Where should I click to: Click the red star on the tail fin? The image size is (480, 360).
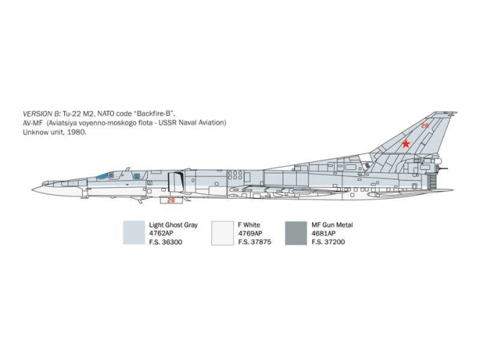pyautogui.click(x=406, y=143)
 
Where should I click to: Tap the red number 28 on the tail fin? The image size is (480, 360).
pyautogui.click(x=425, y=125)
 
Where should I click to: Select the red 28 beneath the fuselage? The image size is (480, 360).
pyautogui.click(x=171, y=200)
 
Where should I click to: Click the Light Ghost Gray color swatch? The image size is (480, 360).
pyautogui.click(x=134, y=233)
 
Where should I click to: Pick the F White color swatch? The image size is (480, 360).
pyautogui.click(x=222, y=233)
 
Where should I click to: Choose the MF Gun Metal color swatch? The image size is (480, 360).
pyautogui.click(x=295, y=233)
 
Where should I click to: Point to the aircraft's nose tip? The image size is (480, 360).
pyautogui.click(x=32, y=189)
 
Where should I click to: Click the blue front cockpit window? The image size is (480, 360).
pyautogui.click(x=103, y=176)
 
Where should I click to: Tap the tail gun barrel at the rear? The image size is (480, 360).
pyautogui.click(x=443, y=168)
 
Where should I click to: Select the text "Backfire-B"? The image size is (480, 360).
pyautogui.click(x=154, y=114)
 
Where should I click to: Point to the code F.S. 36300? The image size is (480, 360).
pyautogui.click(x=166, y=242)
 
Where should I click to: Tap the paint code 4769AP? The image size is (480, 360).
pyautogui.click(x=250, y=233)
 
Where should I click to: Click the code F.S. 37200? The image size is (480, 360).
pyautogui.click(x=328, y=242)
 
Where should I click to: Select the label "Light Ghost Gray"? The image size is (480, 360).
pyautogui.click(x=173, y=225)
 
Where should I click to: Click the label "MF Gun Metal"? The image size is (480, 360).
pyautogui.click(x=332, y=225)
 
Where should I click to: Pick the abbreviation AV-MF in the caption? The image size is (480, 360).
pyautogui.click(x=32, y=123)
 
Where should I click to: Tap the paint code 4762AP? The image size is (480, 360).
pyautogui.click(x=161, y=233)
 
